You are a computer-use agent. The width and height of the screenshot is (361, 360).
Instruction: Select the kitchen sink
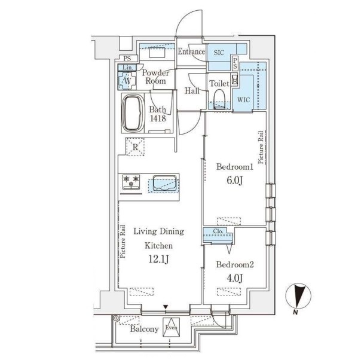(x=165, y=183)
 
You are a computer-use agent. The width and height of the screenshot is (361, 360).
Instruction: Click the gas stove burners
(x=131, y=182)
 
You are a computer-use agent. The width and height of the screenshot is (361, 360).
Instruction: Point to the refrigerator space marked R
(x=135, y=147)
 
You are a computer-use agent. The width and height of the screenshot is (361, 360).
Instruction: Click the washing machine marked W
(x=127, y=81)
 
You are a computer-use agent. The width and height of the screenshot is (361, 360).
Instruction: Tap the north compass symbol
(x=298, y=297)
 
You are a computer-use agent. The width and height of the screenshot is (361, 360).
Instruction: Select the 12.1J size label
(x=158, y=260)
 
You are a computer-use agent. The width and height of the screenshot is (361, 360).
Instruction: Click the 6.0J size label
(x=235, y=181)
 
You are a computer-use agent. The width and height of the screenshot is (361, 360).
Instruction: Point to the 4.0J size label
(x=235, y=278)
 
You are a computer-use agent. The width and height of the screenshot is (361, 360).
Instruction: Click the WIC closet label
(x=244, y=100)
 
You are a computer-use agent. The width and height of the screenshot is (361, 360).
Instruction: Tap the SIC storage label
(x=219, y=53)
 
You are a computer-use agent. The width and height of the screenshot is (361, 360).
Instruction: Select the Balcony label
(x=145, y=329)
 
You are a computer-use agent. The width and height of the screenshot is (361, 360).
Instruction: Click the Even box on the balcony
(x=172, y=327)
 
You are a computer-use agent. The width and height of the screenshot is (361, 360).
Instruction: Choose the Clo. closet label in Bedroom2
(x=218, y=231)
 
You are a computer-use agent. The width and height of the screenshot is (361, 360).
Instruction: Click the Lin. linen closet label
(x=128, y=68)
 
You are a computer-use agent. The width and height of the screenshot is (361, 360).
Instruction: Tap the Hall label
(x=192, y=91)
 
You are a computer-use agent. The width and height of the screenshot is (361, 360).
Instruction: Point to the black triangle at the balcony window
(x=166, y=307)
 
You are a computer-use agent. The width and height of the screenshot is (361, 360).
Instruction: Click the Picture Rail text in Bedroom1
(x=261, y=147)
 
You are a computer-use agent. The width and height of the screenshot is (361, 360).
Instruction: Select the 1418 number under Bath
(x=158, y=118)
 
